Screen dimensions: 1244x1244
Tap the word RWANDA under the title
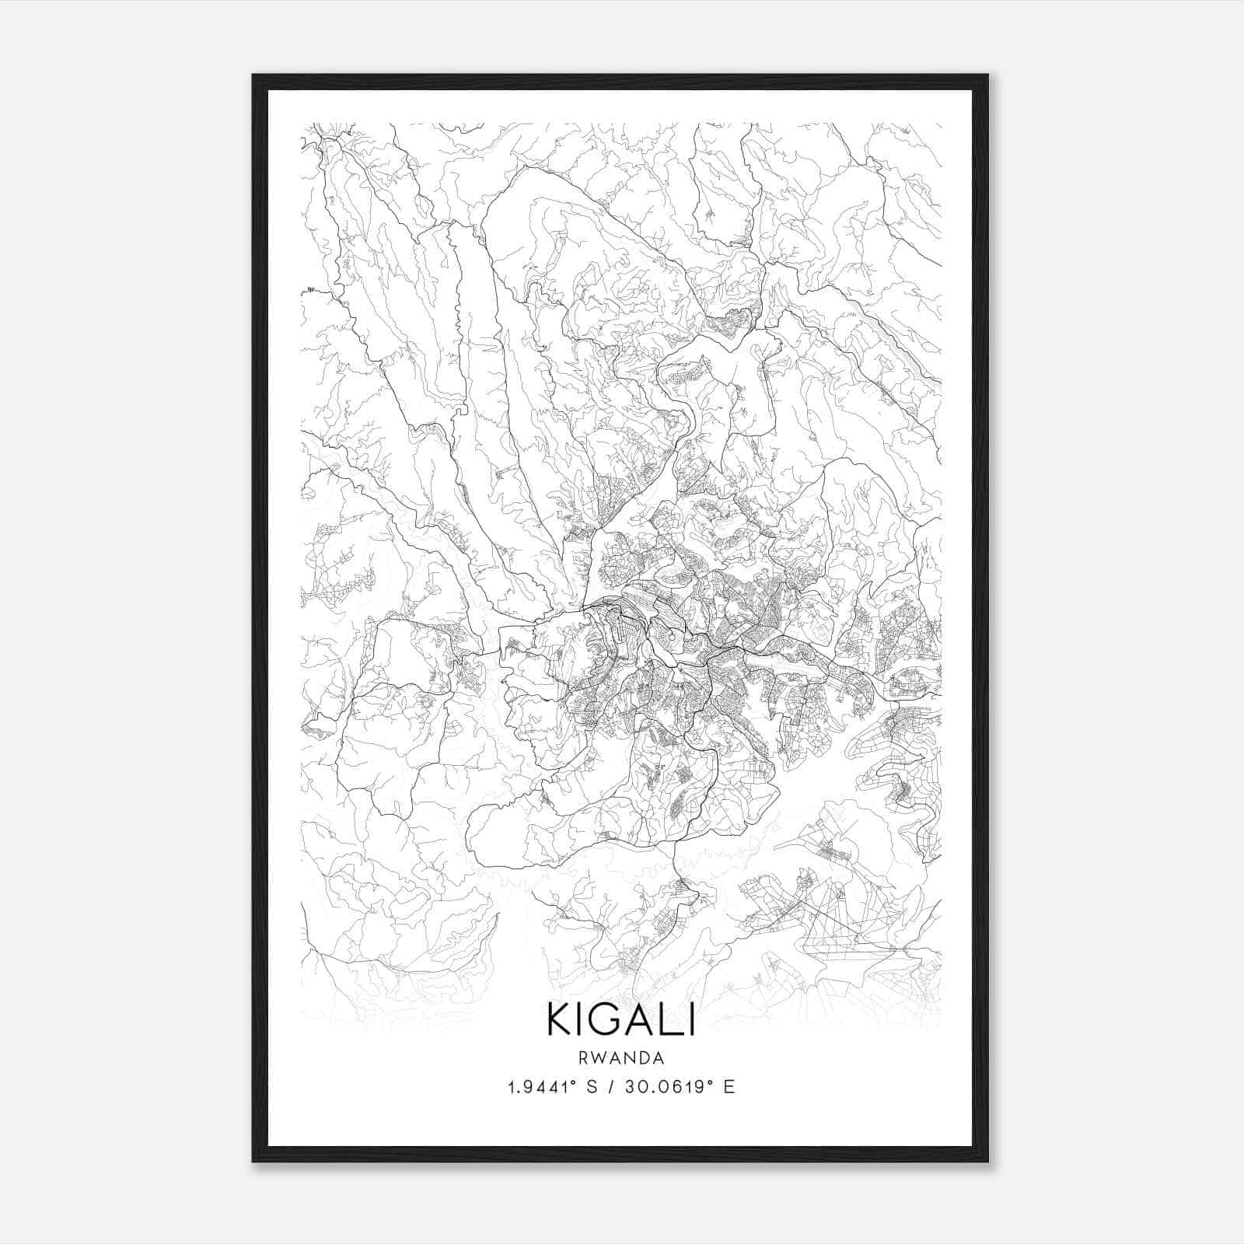click(620, 1058)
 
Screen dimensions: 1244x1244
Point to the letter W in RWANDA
click(599, 1058)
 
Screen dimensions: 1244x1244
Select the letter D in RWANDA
click(642, 1058)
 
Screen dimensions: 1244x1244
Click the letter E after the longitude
click(729, 1087)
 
